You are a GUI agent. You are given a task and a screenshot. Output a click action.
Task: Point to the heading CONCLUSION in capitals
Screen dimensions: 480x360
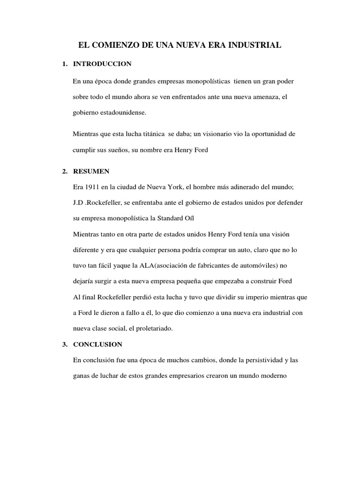tap(97, 344)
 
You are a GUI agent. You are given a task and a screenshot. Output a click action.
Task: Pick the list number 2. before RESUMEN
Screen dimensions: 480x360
tap(65, 172)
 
